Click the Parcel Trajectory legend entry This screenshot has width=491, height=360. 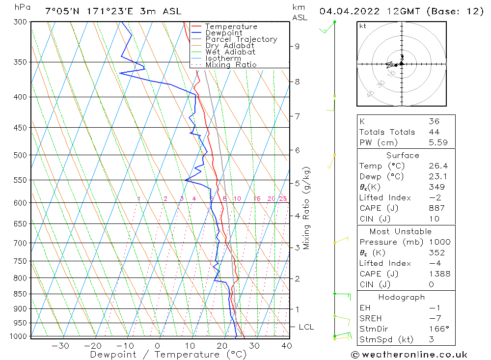241,39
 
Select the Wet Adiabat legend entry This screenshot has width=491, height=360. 230,52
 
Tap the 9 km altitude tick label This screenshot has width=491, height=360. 297,46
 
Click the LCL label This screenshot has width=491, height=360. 306,327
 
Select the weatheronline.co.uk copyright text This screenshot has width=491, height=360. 409,355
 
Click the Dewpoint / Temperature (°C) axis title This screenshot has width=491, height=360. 168,355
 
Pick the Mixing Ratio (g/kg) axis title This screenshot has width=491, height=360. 307,208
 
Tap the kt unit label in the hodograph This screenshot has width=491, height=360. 363,26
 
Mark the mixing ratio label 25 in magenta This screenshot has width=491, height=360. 283,199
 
